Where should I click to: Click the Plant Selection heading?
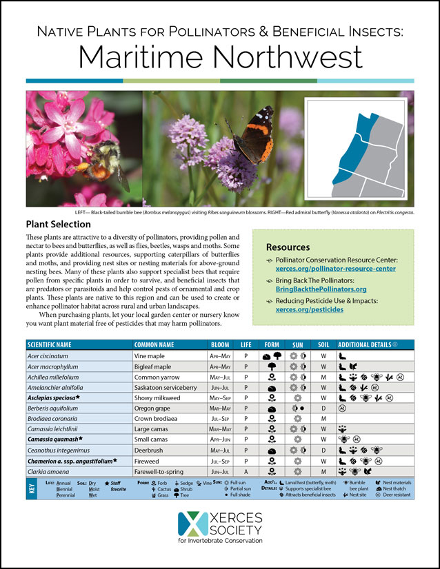coord(58,225)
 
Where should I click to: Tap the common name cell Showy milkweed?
coord(161,397)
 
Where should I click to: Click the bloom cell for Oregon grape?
coord(220,408)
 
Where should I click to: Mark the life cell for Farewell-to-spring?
coord(246,471)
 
